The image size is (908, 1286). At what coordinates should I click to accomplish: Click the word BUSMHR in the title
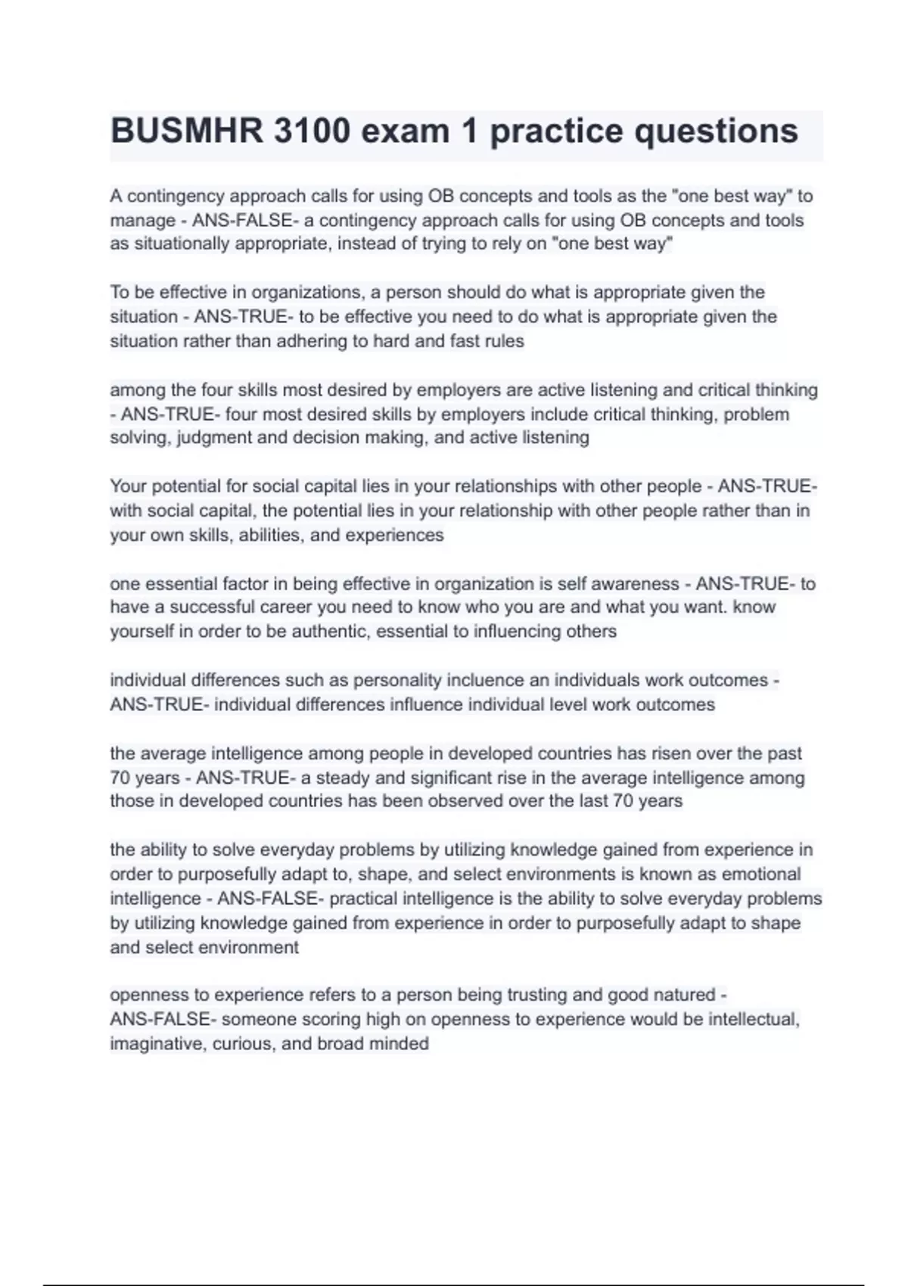pos(186,132)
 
